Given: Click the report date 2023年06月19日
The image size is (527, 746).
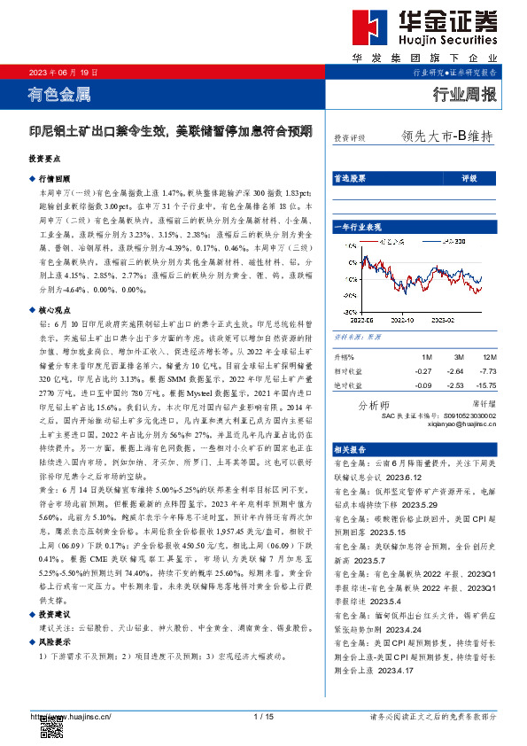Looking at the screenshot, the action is [x=65, y=73].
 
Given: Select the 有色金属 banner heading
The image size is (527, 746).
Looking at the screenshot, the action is [x=59, y=94].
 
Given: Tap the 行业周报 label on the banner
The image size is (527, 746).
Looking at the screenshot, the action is [x=464, y=95].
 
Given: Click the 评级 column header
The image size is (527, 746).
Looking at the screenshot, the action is [x=469, y=179].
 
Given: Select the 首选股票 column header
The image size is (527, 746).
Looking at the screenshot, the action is [x=348, y=179].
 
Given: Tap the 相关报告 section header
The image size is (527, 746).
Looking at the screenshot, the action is [x=348, y=450].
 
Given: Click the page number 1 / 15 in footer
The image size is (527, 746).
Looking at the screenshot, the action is [x=262, y=716].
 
